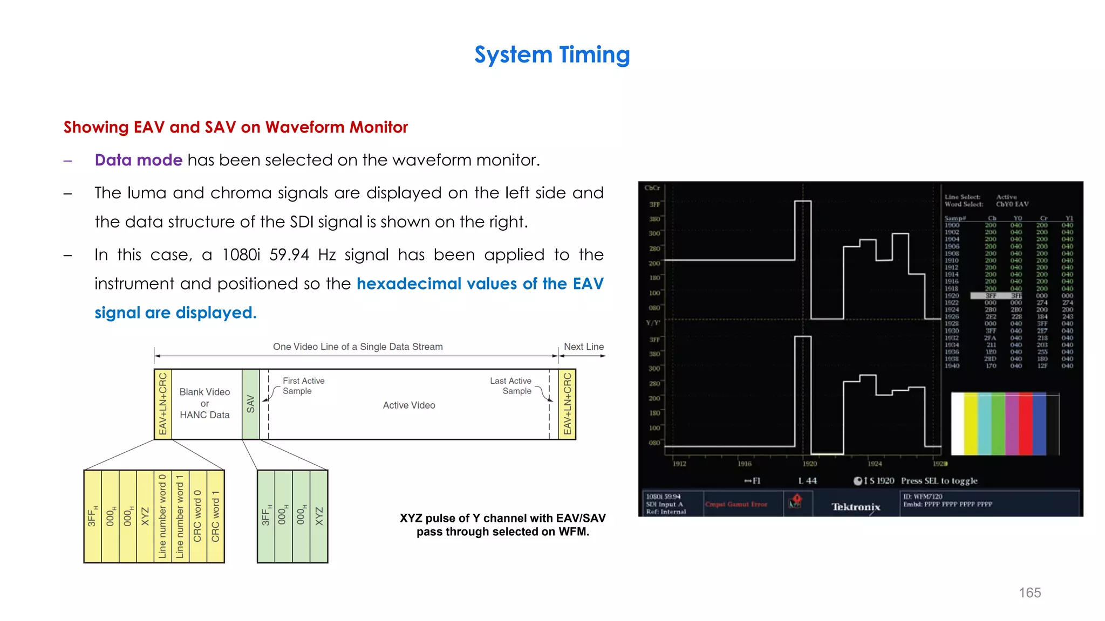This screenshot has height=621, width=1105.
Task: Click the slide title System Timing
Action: coord(552,55)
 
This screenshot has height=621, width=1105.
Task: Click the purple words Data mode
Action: coord(138,160)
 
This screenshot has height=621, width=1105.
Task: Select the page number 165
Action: coord(1029,592)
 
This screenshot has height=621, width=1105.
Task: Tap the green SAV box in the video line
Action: coord(250,404)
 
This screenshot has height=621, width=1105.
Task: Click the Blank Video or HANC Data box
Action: coord(205,403)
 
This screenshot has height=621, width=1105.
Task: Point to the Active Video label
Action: coord(409,405)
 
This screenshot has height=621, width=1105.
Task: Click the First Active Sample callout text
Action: coord(303,386)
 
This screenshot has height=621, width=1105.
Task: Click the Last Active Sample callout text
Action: coord(510,386)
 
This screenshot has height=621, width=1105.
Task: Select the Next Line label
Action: coord(584,347)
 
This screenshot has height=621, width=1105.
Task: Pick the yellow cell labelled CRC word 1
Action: coord(215,516)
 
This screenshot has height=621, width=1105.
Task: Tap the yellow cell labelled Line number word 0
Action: coord(162,516)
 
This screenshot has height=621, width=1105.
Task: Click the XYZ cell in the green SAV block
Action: coord(319,516)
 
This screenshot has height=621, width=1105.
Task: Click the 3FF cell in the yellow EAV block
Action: coord(92,516)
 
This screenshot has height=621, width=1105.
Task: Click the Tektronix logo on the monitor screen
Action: coord(856,507)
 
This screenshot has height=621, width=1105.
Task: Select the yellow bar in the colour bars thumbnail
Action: coord(971,424)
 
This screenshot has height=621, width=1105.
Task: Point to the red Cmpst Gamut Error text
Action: coord(736,505)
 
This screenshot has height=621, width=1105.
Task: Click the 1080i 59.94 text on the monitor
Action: coord(663,496)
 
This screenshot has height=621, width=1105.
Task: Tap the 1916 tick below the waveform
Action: coord(745,464)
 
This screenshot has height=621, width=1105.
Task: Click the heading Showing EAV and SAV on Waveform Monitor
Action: coord(235,127)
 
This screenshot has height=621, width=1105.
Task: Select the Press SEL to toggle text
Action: coord(939,481)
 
